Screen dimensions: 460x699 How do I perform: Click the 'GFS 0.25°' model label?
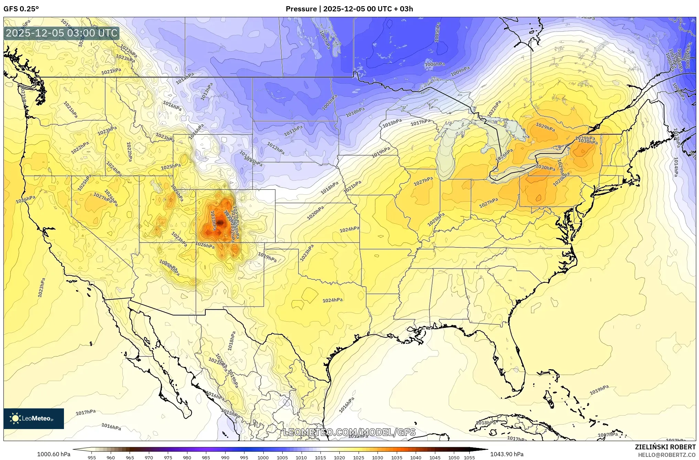[21, 9]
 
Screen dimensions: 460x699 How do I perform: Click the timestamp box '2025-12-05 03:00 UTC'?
[62, 33]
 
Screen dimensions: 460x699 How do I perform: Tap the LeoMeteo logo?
[34, 418]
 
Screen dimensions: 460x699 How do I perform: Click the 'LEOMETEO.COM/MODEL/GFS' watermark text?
[349, 432]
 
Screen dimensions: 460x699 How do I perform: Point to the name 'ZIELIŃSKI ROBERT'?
[665, 447]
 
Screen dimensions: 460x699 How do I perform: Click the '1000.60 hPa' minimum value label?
[53, 454]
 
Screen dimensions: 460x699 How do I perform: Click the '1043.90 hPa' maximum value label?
[506, 454]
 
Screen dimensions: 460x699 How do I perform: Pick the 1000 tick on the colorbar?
[263, 458]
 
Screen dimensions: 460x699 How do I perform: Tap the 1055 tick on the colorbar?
[469, 458]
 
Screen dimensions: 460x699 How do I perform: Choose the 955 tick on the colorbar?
[91, 458]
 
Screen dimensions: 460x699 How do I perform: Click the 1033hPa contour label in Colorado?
[213, 221]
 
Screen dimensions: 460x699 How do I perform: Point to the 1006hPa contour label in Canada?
[435, 64]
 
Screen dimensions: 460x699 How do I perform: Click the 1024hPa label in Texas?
[332, 300]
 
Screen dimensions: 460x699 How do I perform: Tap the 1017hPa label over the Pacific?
[85, 412]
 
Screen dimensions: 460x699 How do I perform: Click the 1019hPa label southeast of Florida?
[599, 390]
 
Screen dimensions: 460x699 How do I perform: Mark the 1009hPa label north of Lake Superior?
[460, 71]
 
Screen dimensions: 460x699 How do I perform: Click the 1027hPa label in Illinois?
[423, 181]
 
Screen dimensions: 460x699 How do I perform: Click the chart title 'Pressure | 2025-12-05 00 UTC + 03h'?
[349, 9]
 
